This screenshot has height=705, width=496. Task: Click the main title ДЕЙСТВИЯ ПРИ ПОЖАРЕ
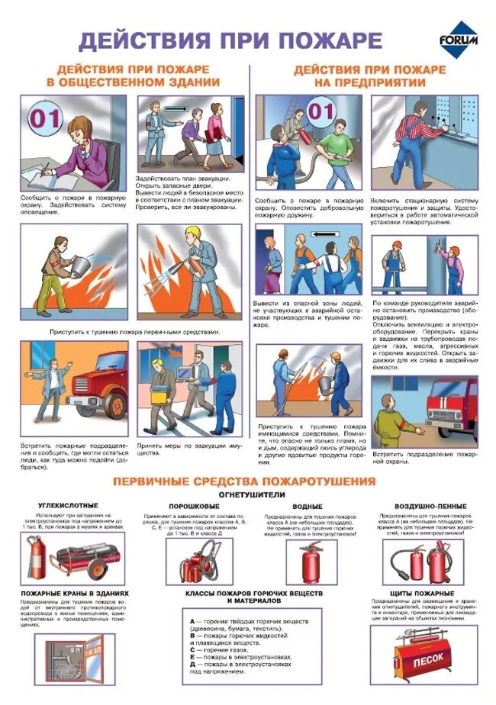pos(230,40)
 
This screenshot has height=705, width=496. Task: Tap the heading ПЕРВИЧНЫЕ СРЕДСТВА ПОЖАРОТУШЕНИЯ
pos(244,481)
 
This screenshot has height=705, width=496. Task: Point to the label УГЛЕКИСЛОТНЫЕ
pos(69,506)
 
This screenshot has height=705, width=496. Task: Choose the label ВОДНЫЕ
pos(308,506)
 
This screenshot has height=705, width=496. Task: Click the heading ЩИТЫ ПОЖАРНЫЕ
pos(422,593)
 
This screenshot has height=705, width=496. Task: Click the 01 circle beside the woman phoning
pos(43,117)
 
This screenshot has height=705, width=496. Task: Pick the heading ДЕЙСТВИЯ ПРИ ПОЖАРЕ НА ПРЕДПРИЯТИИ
pos(370,76)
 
